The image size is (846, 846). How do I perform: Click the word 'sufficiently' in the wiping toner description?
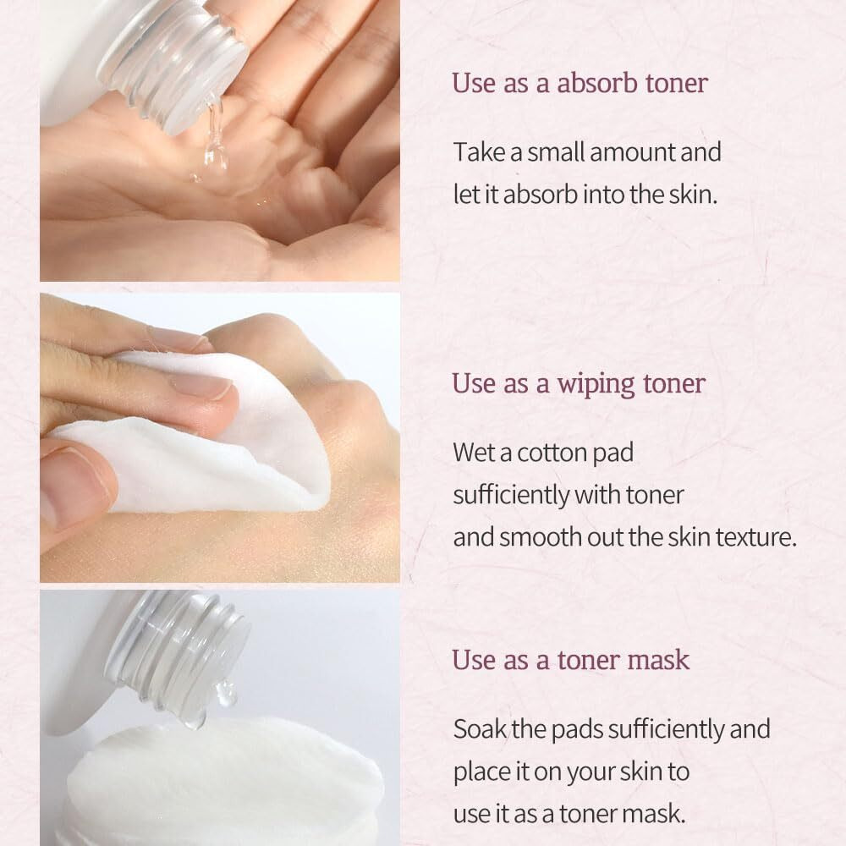click(x=510, y=495)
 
